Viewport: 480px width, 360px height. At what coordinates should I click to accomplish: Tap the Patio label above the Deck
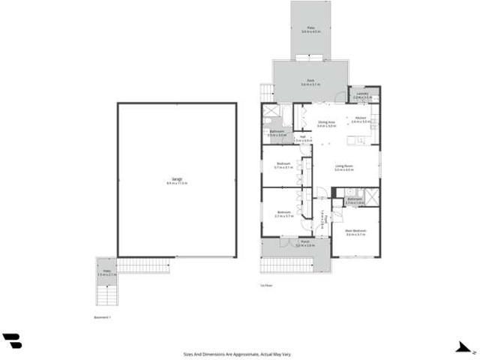[x=310, y=29]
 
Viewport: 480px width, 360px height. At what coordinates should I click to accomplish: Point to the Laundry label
[x=362, y=94]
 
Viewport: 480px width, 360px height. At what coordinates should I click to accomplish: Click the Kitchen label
[x=361, y=119]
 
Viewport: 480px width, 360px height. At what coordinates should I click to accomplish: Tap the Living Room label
[x=344, y=167]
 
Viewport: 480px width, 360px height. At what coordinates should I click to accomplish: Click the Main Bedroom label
[x=355, y=232]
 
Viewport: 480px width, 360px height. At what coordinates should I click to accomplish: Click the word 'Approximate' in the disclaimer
[x=247, y=352]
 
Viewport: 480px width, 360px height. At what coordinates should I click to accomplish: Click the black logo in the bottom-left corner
[x=12, y=341]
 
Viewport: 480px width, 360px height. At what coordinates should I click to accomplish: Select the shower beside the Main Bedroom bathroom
[x=371, y=197]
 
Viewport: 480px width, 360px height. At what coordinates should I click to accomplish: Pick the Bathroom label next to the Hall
[x=276, y=133]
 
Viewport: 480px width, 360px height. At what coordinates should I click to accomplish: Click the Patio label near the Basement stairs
[x=106, y=273]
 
